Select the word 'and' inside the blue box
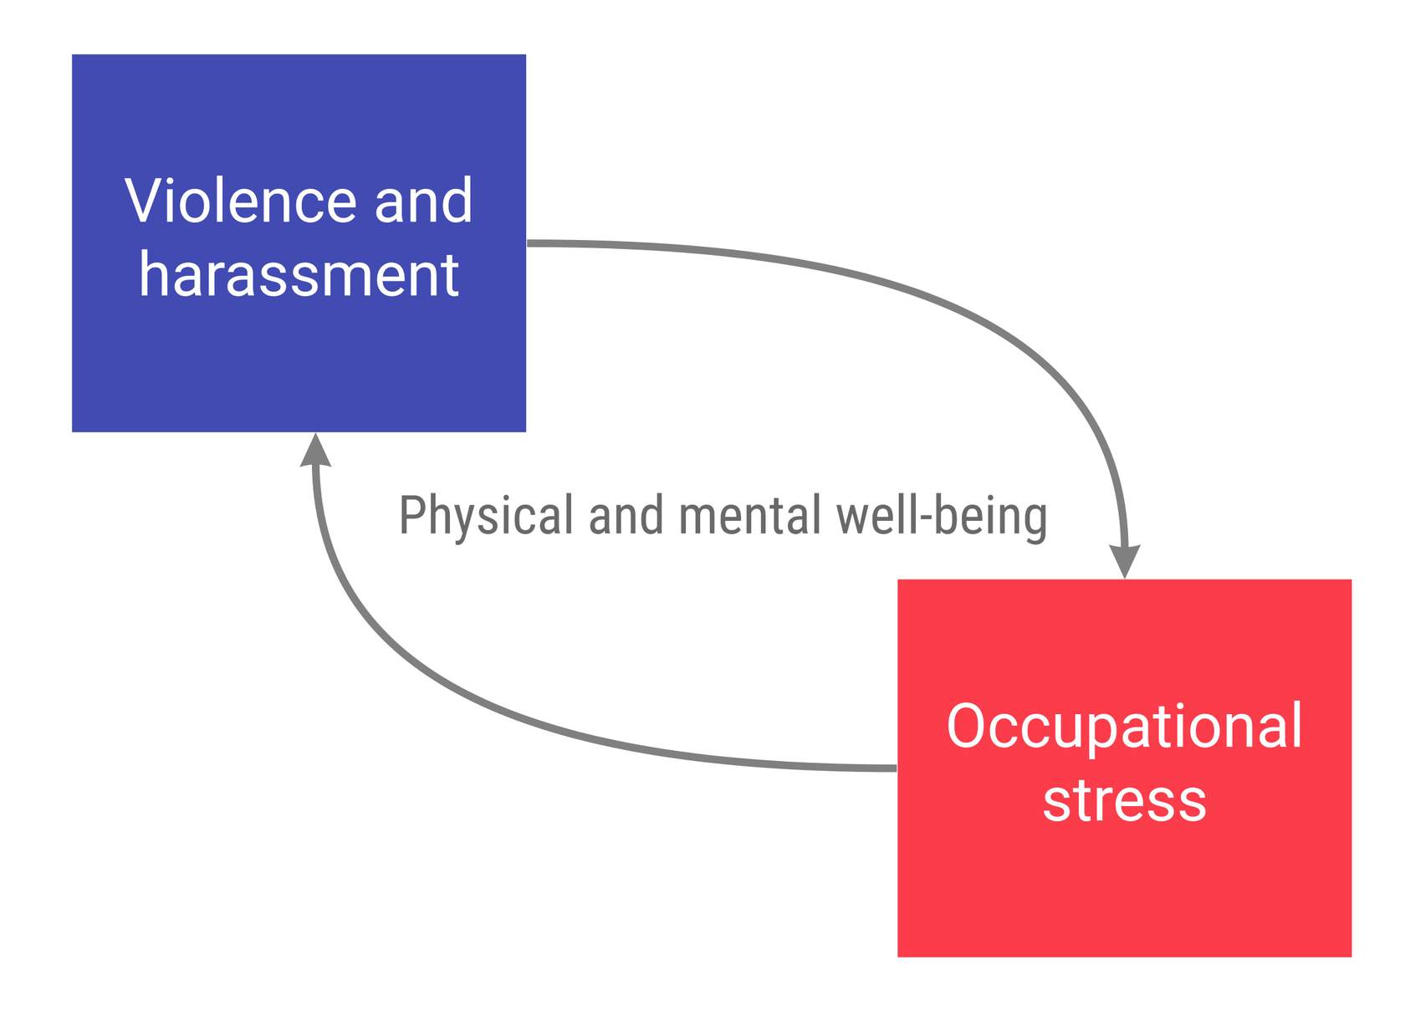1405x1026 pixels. [x=423, y=201]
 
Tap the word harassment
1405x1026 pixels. [x=299, y=274]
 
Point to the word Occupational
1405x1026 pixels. [x=1124, y=726]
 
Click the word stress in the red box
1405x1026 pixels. [x=1124, y=800]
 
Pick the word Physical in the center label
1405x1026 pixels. [x=486, y=515]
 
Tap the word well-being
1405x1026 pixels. [x=942, y=517]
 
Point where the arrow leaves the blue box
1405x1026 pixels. [x=529, y=243]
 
